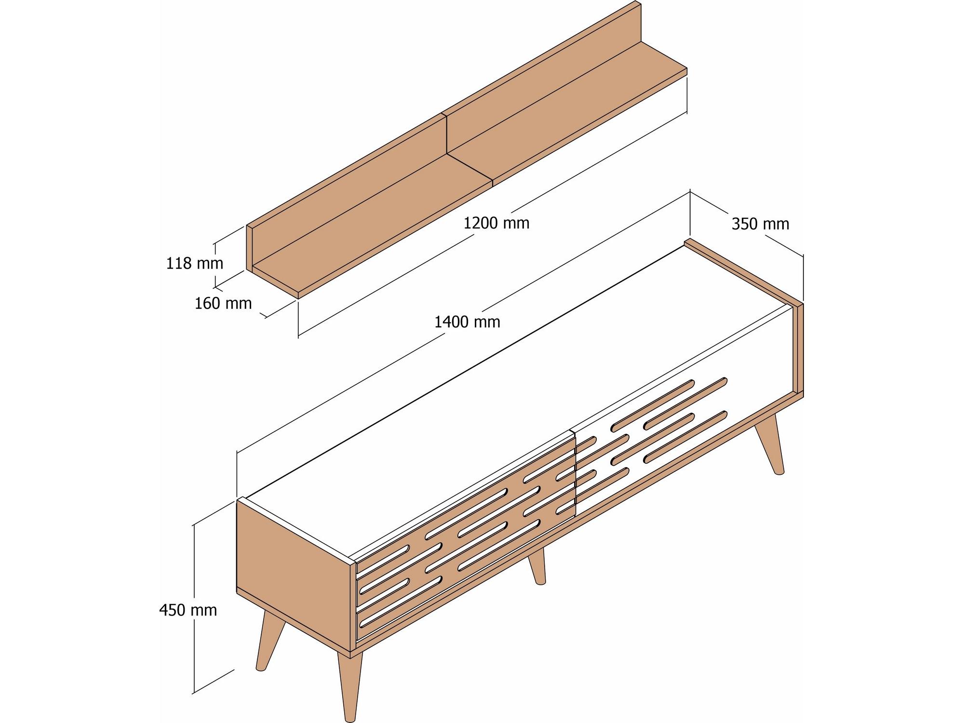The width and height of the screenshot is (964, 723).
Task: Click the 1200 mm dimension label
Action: pos(496,223)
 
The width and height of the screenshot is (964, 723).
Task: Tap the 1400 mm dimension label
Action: pos(467,321)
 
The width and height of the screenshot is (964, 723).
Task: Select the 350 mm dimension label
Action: pos(760,224)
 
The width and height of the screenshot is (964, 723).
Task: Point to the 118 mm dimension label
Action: pos(195,263)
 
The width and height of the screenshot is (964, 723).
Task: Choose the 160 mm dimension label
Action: pos(223,303)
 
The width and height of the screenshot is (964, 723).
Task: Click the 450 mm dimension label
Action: pos(188,610)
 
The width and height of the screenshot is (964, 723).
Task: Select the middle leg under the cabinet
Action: pos(537,566)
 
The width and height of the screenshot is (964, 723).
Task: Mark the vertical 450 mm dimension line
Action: pos(194,609)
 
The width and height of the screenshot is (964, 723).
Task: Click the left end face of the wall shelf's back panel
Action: pos(249,248)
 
